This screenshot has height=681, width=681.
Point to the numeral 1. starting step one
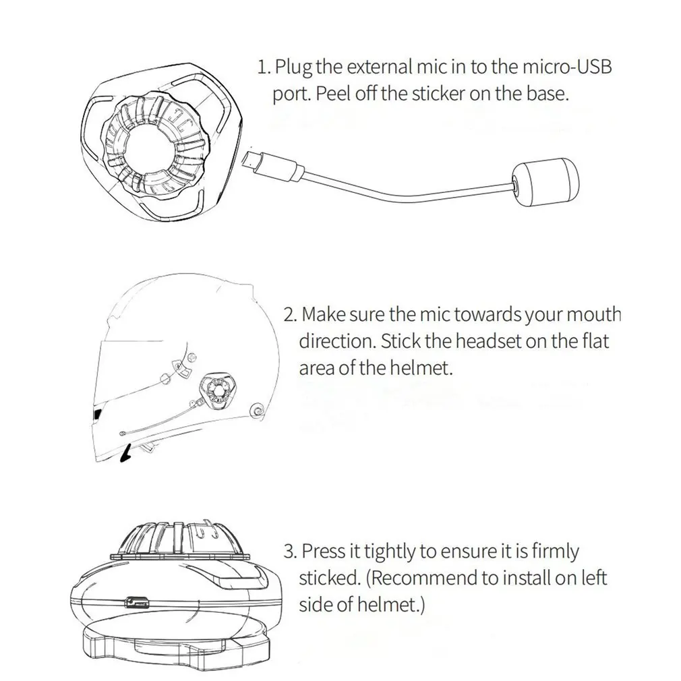[264, 67]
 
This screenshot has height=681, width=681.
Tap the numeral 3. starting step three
[290, 551]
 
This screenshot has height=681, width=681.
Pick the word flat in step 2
[595, 342]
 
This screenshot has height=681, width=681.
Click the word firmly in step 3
[554, 551]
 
